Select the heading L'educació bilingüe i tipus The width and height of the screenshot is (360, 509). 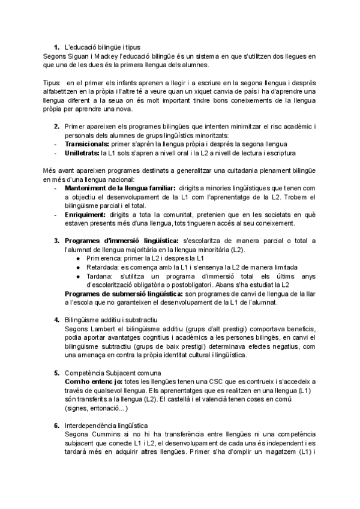click(98, 47)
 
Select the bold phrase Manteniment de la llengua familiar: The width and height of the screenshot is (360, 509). click(119, 188)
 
